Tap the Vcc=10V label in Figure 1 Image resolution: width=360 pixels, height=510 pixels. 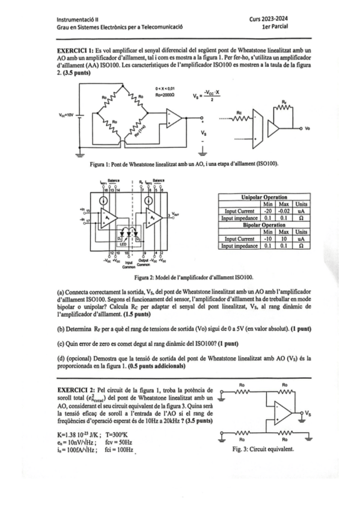(66, 114)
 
